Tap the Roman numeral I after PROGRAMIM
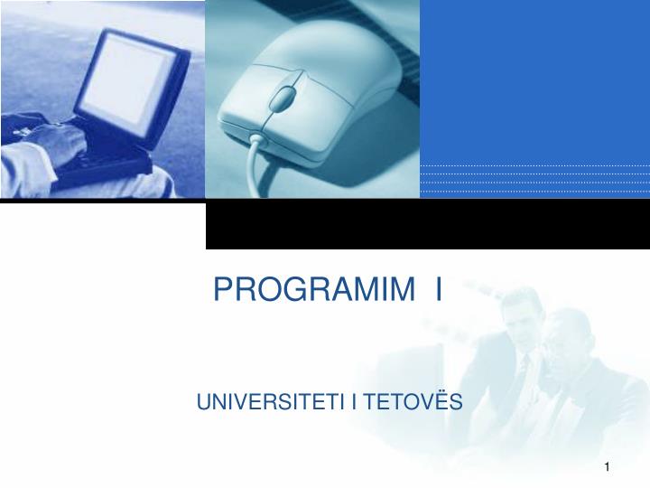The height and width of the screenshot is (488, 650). (x=438, y=289)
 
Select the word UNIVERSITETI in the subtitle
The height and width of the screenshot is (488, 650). (x=272, y=400)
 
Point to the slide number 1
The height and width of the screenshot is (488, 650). (x=608, y=466)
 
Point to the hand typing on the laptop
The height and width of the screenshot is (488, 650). (x=59, y=140)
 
